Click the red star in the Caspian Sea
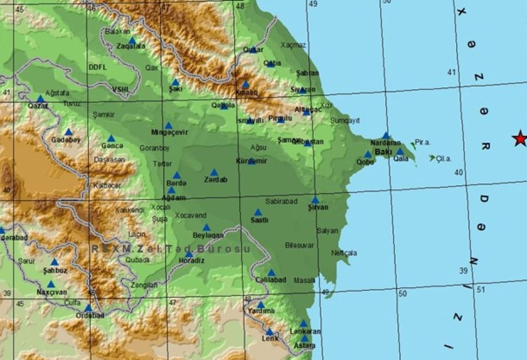[x=520, y=138]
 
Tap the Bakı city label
[x=383, y=152]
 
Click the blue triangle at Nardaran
[x=386, y=135]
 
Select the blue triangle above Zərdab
[x=214, y=172]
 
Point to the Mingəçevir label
[x=169, y=133]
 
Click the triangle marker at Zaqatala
[x=132, y=41]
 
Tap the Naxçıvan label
[x=52, y=292]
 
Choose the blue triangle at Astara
[x=304, y=338]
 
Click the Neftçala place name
[x=344, y=253]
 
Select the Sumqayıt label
[x=345, y=121]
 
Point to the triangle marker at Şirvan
[x=315, y=200]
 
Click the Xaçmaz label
[x=293, y=45]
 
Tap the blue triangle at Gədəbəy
[x=69, y=131]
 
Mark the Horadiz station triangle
[x=189, y=254]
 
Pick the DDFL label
[x=98, y=67]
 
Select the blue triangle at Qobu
[x=368, y=154]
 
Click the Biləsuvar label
[x=299, y=245]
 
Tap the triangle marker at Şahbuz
[x=54, y=262]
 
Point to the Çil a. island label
[x=444, y=159]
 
